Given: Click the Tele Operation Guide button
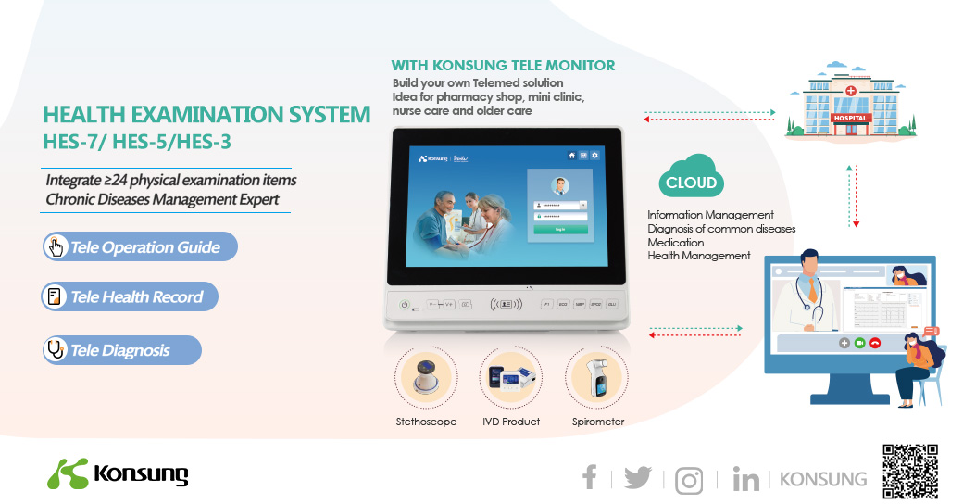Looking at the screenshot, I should click(140, 246).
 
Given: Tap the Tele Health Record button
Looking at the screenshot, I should click(130, 296).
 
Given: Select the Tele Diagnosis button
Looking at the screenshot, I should click(121, 350).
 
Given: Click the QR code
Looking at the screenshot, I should click(910, 472).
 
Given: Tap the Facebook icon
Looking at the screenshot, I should click(589, 477).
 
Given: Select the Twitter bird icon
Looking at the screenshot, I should click(637, 477).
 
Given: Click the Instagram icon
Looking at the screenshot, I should click(688, 480).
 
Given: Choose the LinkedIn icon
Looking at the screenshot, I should click(745, 478).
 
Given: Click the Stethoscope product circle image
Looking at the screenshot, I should click(426, 378).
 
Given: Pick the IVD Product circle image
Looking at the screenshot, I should click(510, 378).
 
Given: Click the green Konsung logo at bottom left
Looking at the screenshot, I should click(118, 473).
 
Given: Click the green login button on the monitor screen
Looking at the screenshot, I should click(559, 228).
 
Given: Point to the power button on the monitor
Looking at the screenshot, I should click(405, 305).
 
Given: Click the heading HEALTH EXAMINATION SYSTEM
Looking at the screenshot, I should click(206, 116).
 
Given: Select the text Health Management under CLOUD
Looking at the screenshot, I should click(698, 256).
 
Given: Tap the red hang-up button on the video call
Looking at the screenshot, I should click(874, 343).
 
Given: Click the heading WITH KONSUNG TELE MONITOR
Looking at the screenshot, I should click(503, 66).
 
